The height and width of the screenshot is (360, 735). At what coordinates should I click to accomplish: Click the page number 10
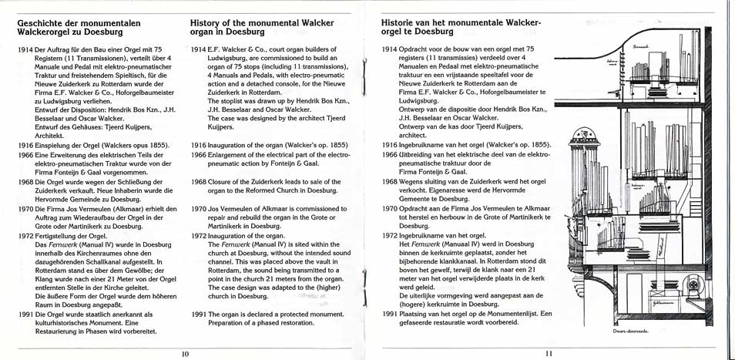point(185,354)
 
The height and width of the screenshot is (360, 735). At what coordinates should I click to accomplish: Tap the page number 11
point(549,354)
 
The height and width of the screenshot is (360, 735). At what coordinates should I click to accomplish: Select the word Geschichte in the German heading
point(42,23)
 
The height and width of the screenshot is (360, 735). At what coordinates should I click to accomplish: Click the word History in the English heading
point(207,23)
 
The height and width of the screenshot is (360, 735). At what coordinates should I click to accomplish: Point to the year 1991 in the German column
point(25,315)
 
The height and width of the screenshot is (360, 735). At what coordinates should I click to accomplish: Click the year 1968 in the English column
point(199,182)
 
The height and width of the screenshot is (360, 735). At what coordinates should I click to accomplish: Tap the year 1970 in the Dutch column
point(390,208)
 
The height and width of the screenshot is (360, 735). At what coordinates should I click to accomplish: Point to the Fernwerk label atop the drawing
point(641,46)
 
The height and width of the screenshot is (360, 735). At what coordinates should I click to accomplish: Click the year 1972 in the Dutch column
point(390,234)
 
